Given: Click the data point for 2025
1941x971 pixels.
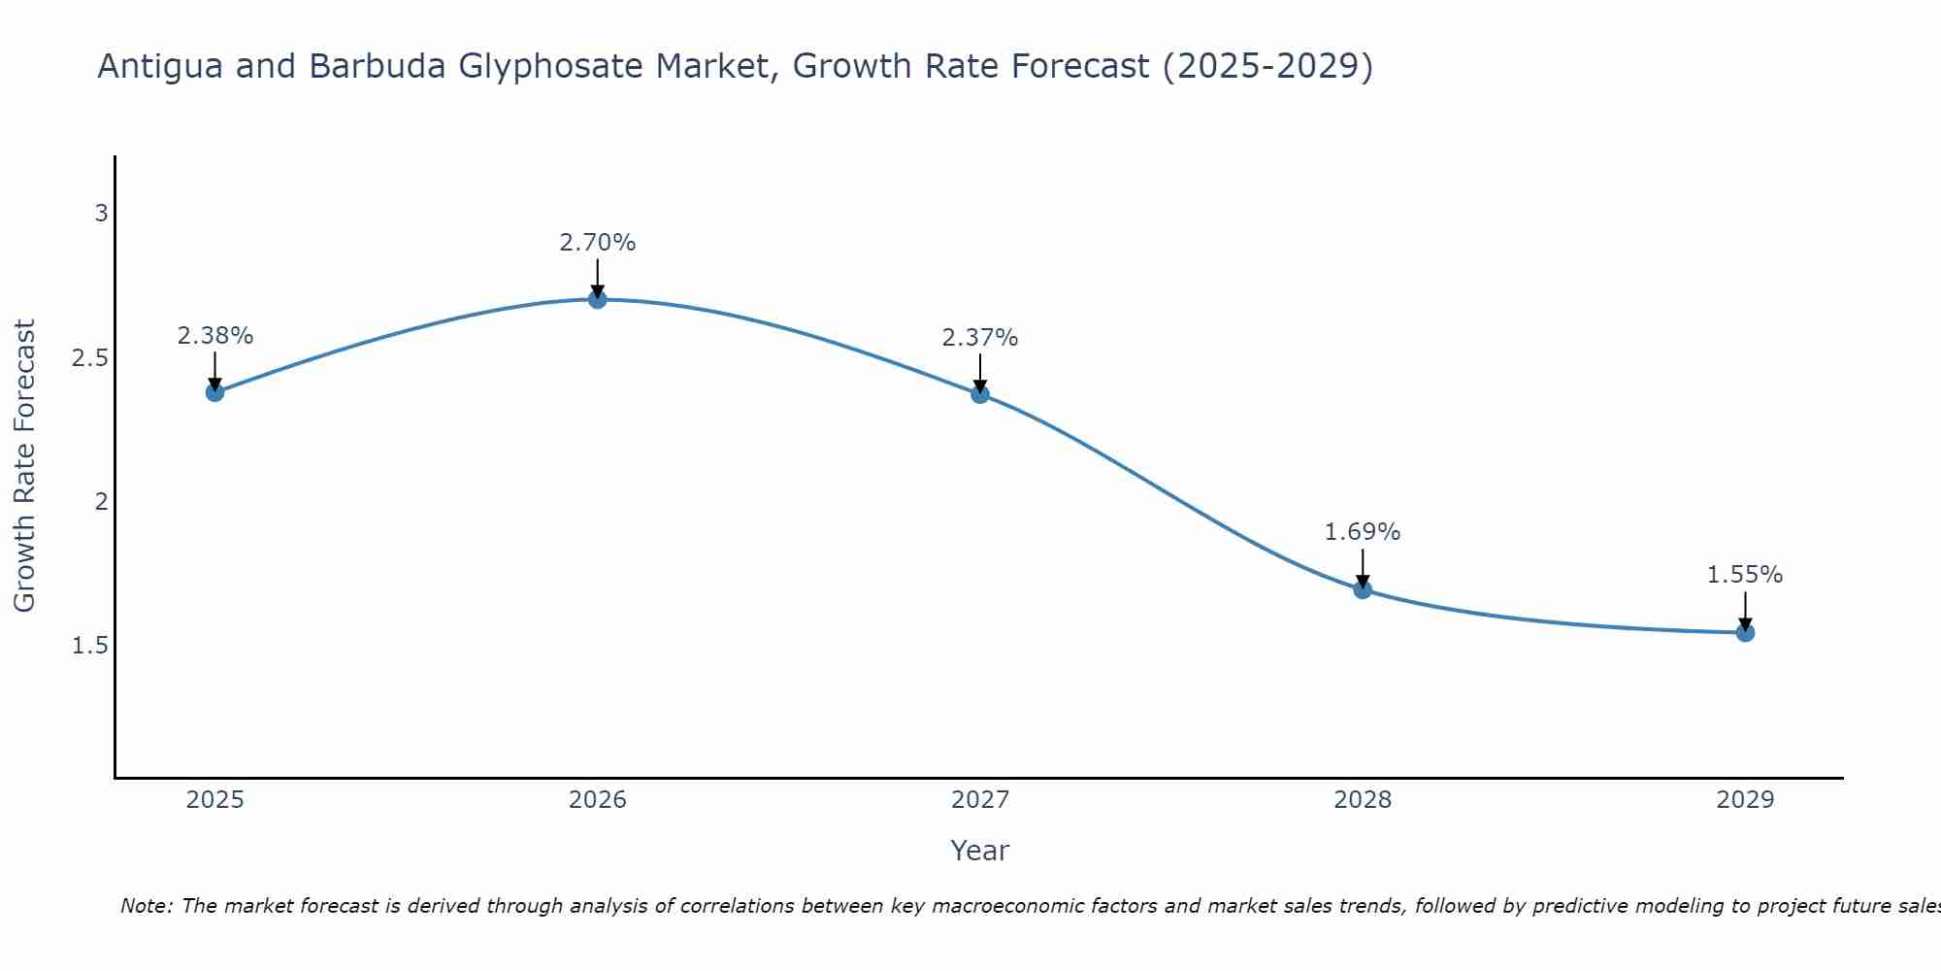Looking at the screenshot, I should tap(214, 392).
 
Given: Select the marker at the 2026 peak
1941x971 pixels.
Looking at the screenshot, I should tap(598, 299).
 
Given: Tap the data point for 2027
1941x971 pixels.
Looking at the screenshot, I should tap(980, 394).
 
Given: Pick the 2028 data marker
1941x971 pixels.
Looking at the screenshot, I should tap(1363, 589).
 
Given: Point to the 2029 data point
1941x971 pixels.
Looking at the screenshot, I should tap(1745, 633).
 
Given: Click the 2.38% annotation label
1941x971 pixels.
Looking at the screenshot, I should tap(214, 336).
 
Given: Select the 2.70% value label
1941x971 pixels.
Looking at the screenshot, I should tap(598, 243).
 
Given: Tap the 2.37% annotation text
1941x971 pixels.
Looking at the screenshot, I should tap(980, 338).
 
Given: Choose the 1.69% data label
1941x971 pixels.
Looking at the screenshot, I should tap(1363, 532).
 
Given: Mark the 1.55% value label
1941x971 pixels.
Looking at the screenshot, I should tap(1745, 575).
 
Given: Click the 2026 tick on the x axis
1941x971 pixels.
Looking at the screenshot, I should tap(598, 800).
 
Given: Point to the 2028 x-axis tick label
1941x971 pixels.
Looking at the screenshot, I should tap(1363, 800).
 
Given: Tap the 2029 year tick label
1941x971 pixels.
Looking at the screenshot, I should tap(1745, 800).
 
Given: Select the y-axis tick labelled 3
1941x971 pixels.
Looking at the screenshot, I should tap(101, 214).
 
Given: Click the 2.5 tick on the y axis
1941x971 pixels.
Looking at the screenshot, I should tap(90, 358).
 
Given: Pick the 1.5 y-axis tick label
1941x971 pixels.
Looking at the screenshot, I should tap(90, 646).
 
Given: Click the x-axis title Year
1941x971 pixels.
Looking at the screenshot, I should tap(980, 851).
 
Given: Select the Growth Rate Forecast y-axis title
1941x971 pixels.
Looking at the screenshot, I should tap(24, 466).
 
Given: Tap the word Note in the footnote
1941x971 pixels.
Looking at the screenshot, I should tap(146, 906).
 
